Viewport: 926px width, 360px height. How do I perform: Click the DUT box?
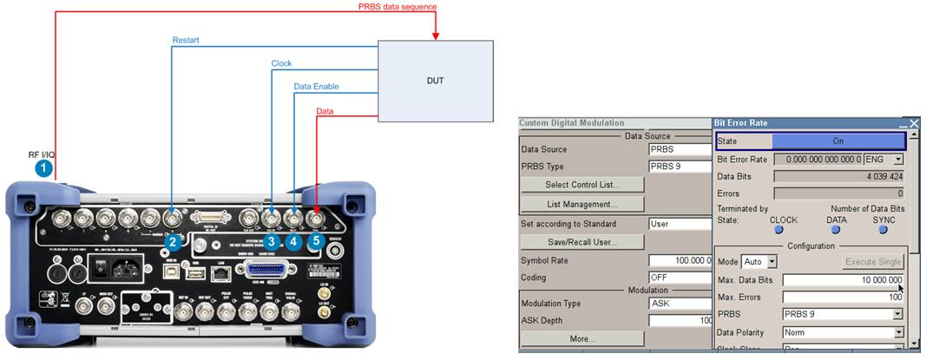pos(436,81)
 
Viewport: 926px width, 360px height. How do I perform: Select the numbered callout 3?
pos(272,241)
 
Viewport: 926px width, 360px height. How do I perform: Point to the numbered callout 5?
pos(316,241)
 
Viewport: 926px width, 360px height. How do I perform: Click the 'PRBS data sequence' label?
pos(397,7)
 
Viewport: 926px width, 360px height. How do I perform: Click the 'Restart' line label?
pos(186,41)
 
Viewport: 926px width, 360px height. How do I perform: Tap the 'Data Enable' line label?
pos(316,87)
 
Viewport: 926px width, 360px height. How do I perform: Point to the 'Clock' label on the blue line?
pos(281,63)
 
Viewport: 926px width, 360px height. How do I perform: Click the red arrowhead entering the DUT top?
pos(436,36)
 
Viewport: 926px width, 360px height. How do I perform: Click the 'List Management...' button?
pos(582,205)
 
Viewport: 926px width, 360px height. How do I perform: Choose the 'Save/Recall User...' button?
pos(582,242)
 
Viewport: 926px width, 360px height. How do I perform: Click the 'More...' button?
pos(582,338)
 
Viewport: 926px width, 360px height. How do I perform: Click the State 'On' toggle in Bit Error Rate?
pos(837,141)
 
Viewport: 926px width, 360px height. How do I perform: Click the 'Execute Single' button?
pos(873,261)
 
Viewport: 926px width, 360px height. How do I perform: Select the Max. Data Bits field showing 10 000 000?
pos(843,279)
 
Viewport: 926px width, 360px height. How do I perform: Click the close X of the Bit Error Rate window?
pos(913,124)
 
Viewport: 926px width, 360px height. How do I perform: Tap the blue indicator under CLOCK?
pos(779,230)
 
